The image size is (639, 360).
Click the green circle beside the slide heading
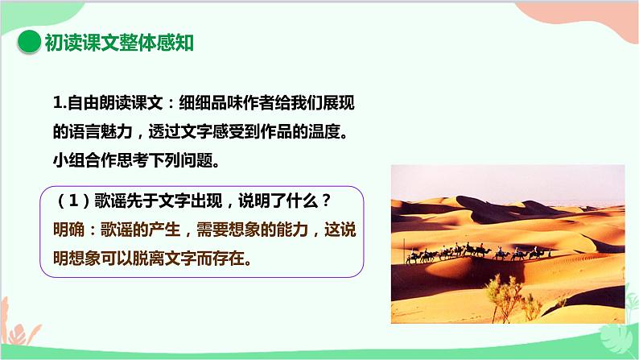(28, 42)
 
